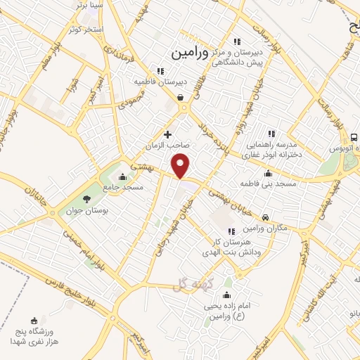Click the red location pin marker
(x=181, y=165)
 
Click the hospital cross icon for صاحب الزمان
(x=167, y=134)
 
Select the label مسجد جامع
(x=123, y=187)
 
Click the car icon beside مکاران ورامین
(x=265, y=218)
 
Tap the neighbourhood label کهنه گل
(x=186, y=284)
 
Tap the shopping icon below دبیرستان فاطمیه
(x=181, y=98)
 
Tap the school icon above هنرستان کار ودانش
(x=231, y=231)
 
